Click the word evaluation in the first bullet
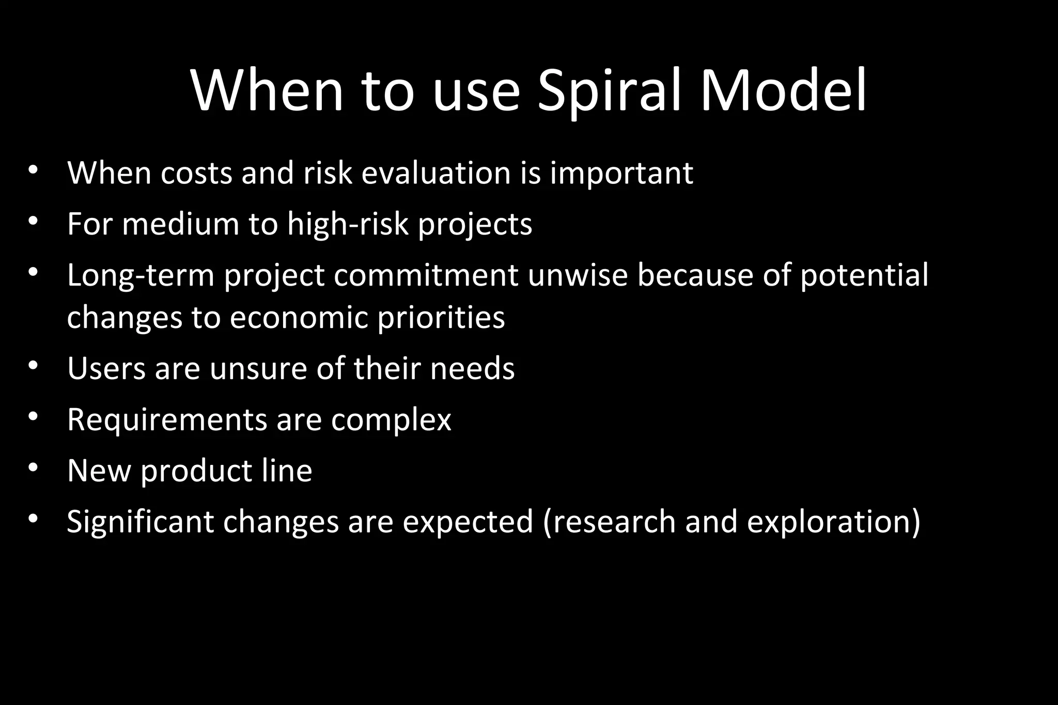pos(436,173)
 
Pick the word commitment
pos(426,275)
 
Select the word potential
pos(864,275)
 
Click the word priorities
pos(441,317)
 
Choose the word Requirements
pos(167,420)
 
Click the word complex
pos(391,420)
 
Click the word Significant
pos(140,522)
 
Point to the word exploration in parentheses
pos(833,522)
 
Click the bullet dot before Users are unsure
pos(34,366)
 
